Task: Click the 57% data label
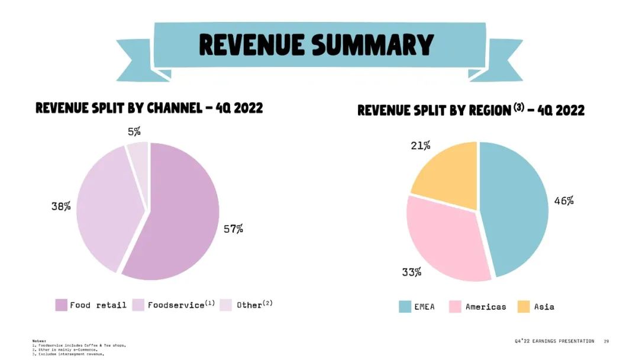coord(233,229)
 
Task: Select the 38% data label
coord(61,207)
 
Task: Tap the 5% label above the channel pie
coord(134,131)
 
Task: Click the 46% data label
coord(564,201)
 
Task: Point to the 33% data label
coord(412,272)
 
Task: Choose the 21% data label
coord(421,146)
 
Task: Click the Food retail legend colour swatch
coord(61,305)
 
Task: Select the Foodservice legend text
coord(175,305)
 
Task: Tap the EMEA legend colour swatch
coord(405,307)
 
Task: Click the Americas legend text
coord(486,307)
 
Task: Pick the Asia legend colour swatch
coord(524,307)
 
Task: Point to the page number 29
coord(606,341)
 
